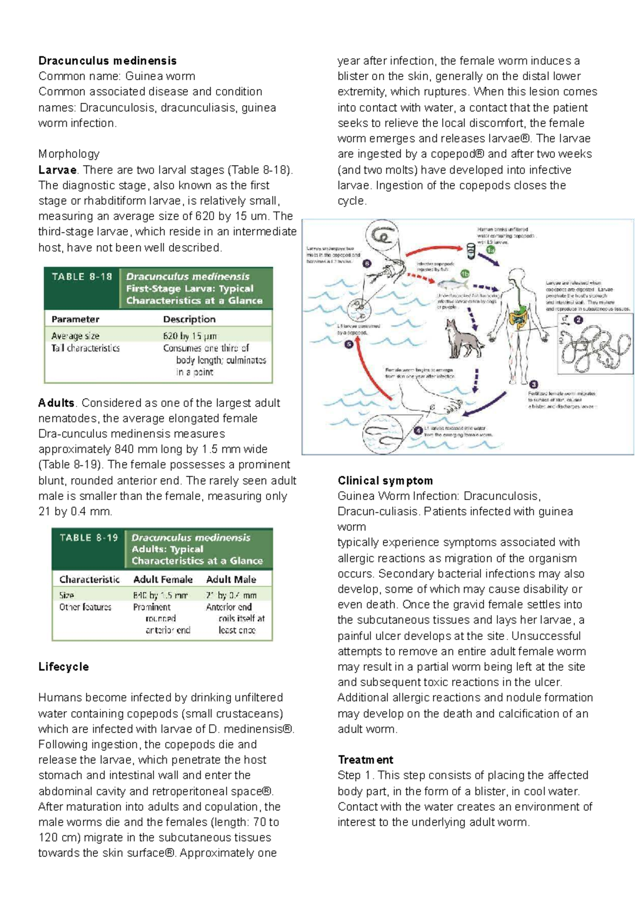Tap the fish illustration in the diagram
(x=452, y=283)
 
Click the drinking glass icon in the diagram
(x=470, y=249)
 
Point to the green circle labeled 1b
(x=464, y=274)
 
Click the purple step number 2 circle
(x=579, y=320)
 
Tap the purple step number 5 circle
(x=349, y=344)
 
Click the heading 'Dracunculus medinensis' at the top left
(x=107, y=60)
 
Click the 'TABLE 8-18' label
(x=82, y=276)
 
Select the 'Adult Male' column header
(x=231, y=580)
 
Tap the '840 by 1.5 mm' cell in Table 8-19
(x=160, y=595)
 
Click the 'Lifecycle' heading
(x=63, y=667)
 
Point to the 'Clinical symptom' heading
(x=385, y=480)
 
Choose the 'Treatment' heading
(x=365, y=759)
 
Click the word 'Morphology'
(x=68, y=154)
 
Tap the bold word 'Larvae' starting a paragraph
(x=57, y=170)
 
